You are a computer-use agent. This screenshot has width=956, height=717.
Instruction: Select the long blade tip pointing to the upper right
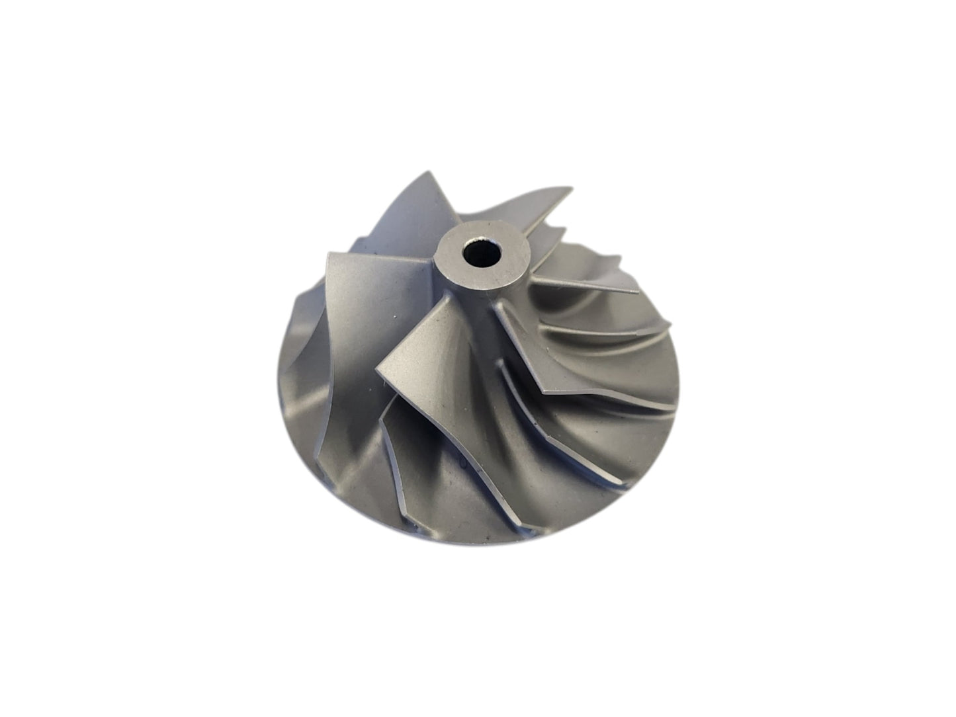[570, 189]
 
